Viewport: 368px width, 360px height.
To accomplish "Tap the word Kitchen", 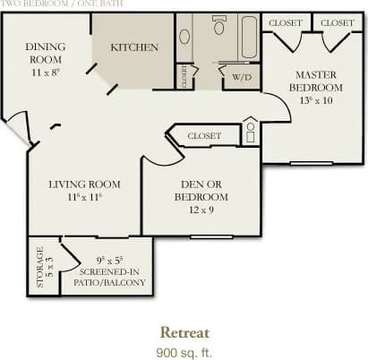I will click(x=134, y=47).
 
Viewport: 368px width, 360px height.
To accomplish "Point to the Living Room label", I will click(x=84, y=184).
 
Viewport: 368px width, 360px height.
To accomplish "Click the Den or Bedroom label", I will click(x=200, y=190).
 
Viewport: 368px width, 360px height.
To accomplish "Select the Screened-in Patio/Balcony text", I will click(x=112, y=277).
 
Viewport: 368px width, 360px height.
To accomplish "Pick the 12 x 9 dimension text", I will click(x=200, y=209).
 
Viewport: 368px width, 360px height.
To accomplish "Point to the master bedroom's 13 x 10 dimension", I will click(x=314, y=100).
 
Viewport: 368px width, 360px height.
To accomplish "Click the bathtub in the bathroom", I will click(x=246, y=37).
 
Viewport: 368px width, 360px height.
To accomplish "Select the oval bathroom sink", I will click(x=184, y=37).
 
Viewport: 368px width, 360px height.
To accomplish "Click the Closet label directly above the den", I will click(x=204, y=136).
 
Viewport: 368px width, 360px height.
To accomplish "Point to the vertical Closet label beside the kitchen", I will click(x=184, y=76).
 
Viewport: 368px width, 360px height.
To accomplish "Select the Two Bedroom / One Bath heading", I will click(x=43, y=4).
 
